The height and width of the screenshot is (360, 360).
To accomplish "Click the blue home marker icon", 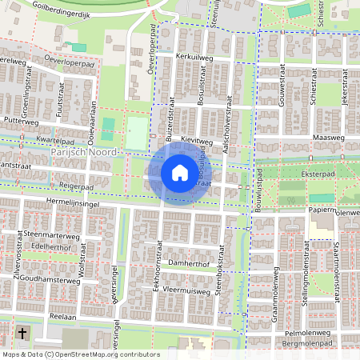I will tap(180, 172).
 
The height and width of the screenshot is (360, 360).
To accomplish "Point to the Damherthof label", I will tap(189, 262).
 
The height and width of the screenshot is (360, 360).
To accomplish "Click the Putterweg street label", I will tap(22, 122).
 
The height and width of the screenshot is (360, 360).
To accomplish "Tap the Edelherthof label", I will tap(50, 247).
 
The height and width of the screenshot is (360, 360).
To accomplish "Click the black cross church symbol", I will tap(22, 332).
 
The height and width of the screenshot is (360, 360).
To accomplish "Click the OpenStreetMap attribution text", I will tap(81, 354).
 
